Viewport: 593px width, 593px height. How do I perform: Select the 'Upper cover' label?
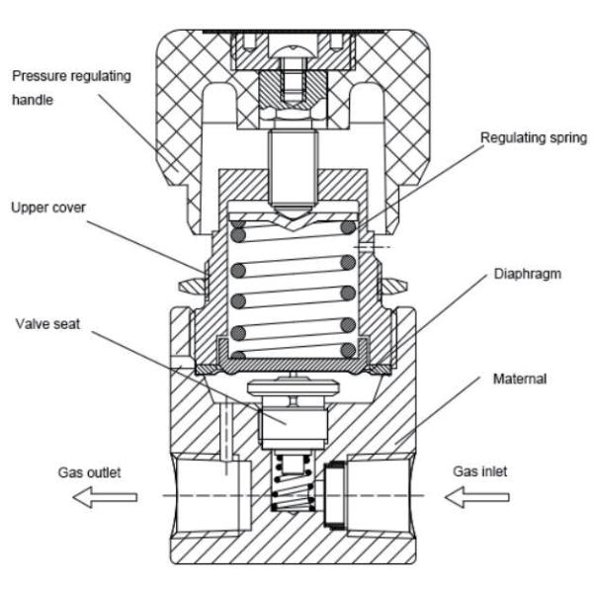(x=48, y=209)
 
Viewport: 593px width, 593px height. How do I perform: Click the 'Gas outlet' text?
(x=88, y=472)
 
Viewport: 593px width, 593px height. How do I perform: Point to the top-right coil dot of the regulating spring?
(x=348, y=226)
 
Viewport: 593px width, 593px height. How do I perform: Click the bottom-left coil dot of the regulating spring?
(x=237, y=350)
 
